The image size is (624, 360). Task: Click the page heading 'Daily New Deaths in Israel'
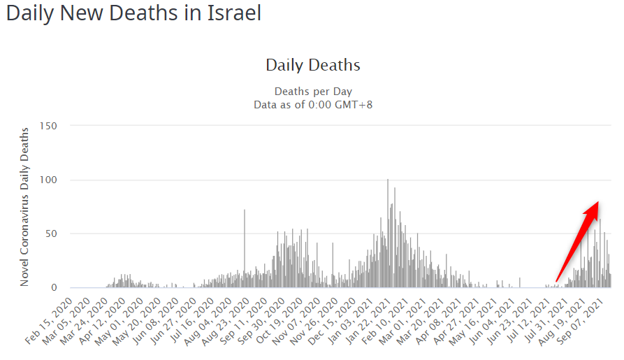133,13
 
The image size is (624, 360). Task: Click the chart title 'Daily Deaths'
312,66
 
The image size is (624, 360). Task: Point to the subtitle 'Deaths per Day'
312,92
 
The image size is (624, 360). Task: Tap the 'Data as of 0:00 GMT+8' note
312,104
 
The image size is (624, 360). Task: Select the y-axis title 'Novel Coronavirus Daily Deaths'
24,206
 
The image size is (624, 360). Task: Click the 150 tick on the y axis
47,126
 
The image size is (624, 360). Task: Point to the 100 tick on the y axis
47,180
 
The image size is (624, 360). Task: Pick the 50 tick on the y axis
50,233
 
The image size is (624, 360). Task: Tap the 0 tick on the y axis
53,287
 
